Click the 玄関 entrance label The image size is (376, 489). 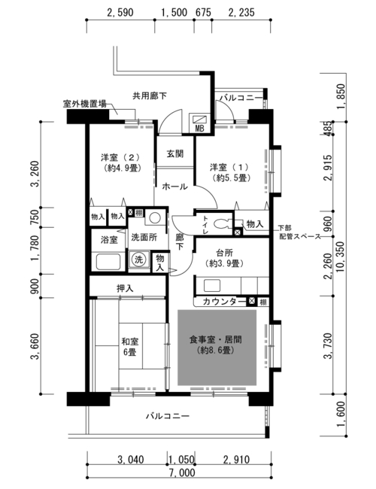click(174, 153)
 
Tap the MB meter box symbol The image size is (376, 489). click(199, 123)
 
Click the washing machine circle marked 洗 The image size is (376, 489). click(138, 259)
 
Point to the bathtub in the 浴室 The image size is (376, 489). click(108, 262)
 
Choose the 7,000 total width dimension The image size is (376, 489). click(183, 472)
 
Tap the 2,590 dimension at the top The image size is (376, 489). click(120, 13)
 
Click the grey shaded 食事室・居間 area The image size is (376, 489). click(217, 347)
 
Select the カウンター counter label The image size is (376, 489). click(224, 302)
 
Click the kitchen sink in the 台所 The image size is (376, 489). click(212, 285)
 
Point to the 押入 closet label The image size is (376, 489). click(125, 288)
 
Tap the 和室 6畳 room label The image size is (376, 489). click(130, 347)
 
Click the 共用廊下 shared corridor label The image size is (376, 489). click(150, 96)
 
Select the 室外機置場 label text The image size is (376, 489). click(85, 104)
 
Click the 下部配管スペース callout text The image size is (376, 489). click(299, 232)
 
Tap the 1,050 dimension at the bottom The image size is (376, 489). click(181, 460)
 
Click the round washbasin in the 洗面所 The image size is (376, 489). click(155, 217)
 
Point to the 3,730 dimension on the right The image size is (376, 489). click(329, 346)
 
